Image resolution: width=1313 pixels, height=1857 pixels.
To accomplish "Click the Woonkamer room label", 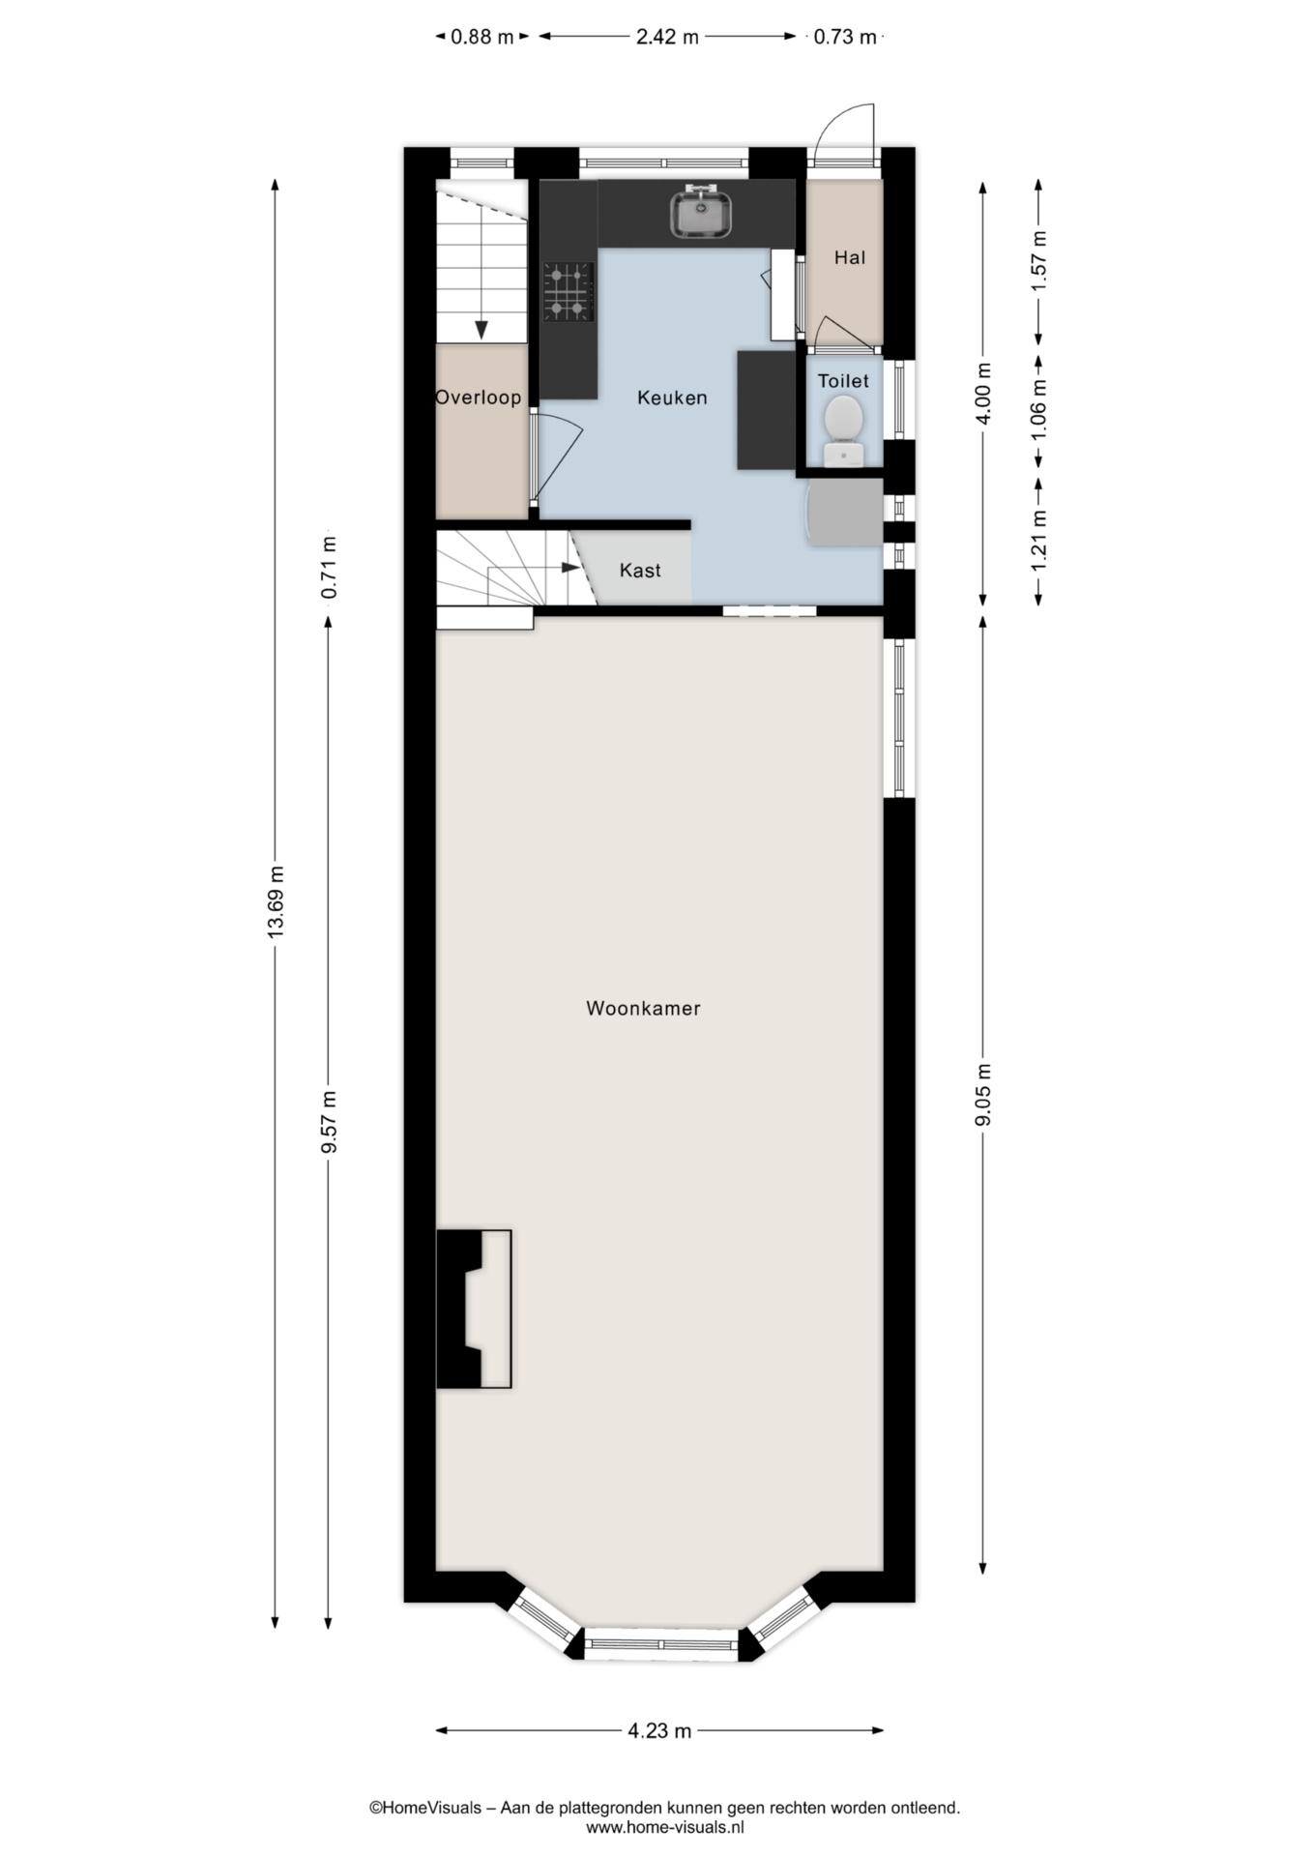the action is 643,1008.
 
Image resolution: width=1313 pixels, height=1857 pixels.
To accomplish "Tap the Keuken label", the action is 672,398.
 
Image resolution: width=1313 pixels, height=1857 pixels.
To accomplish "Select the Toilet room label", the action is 843,381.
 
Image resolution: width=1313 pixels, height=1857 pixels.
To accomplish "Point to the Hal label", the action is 850,257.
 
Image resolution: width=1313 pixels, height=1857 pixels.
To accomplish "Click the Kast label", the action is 640,571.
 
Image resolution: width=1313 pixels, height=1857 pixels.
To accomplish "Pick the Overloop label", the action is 479,398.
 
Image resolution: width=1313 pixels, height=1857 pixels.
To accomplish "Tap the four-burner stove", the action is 568,291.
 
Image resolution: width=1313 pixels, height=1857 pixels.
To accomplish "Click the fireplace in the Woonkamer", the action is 474,1310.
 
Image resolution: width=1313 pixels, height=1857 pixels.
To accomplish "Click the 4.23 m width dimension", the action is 659,1730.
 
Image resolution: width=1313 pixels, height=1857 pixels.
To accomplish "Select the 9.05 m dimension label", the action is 983,1095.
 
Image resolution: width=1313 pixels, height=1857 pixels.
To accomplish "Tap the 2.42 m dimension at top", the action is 667,37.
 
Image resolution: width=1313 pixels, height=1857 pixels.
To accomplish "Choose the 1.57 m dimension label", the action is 1038,261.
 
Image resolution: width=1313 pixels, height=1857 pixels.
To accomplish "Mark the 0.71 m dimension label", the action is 329,567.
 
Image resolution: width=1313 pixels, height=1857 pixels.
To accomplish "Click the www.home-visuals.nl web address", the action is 665,1827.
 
